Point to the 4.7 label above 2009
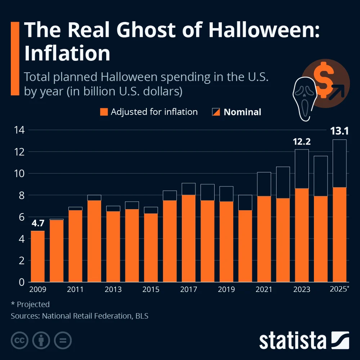[38, 223]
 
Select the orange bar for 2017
[188, 238]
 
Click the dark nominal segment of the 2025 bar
[339, 163]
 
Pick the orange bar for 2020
[245, 246]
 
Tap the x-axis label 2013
[113, 289]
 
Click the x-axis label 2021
[264, 289]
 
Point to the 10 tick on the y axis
[19, 173]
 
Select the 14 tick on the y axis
[19, 130]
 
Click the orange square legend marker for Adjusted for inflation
[104, 112]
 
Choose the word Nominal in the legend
[242, 112]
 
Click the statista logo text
[292, 341]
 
